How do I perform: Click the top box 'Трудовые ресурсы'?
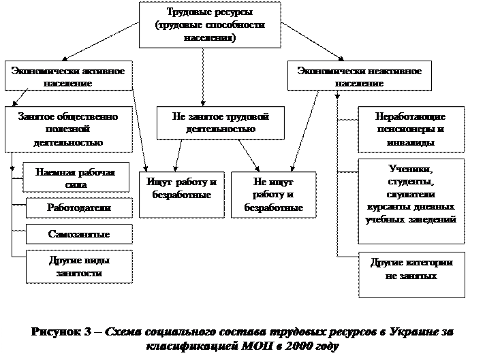point(210,25)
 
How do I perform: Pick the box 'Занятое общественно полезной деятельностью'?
point(67,129)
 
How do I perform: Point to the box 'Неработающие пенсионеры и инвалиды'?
point(410,129)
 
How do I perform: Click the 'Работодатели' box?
point(79,207)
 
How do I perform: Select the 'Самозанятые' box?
point(79,234)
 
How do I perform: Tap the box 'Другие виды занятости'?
point(79,267)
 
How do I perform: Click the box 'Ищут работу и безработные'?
point(182,187)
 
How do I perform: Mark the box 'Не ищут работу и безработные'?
point(273,195)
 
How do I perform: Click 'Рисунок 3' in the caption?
point(62,331)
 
